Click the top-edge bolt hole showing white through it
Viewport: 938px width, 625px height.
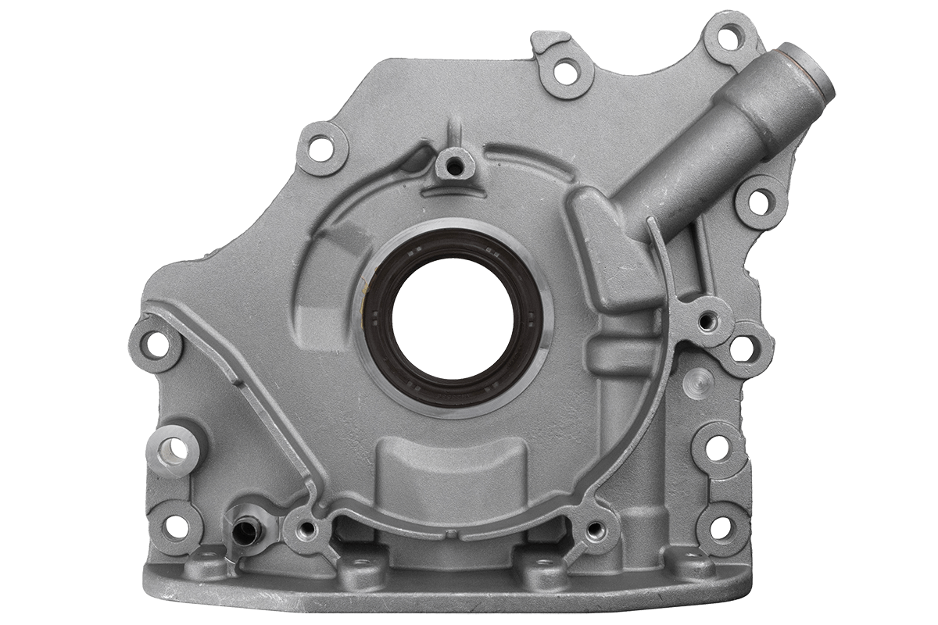point(560,70)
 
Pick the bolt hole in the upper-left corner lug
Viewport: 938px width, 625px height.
point(319,145)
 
